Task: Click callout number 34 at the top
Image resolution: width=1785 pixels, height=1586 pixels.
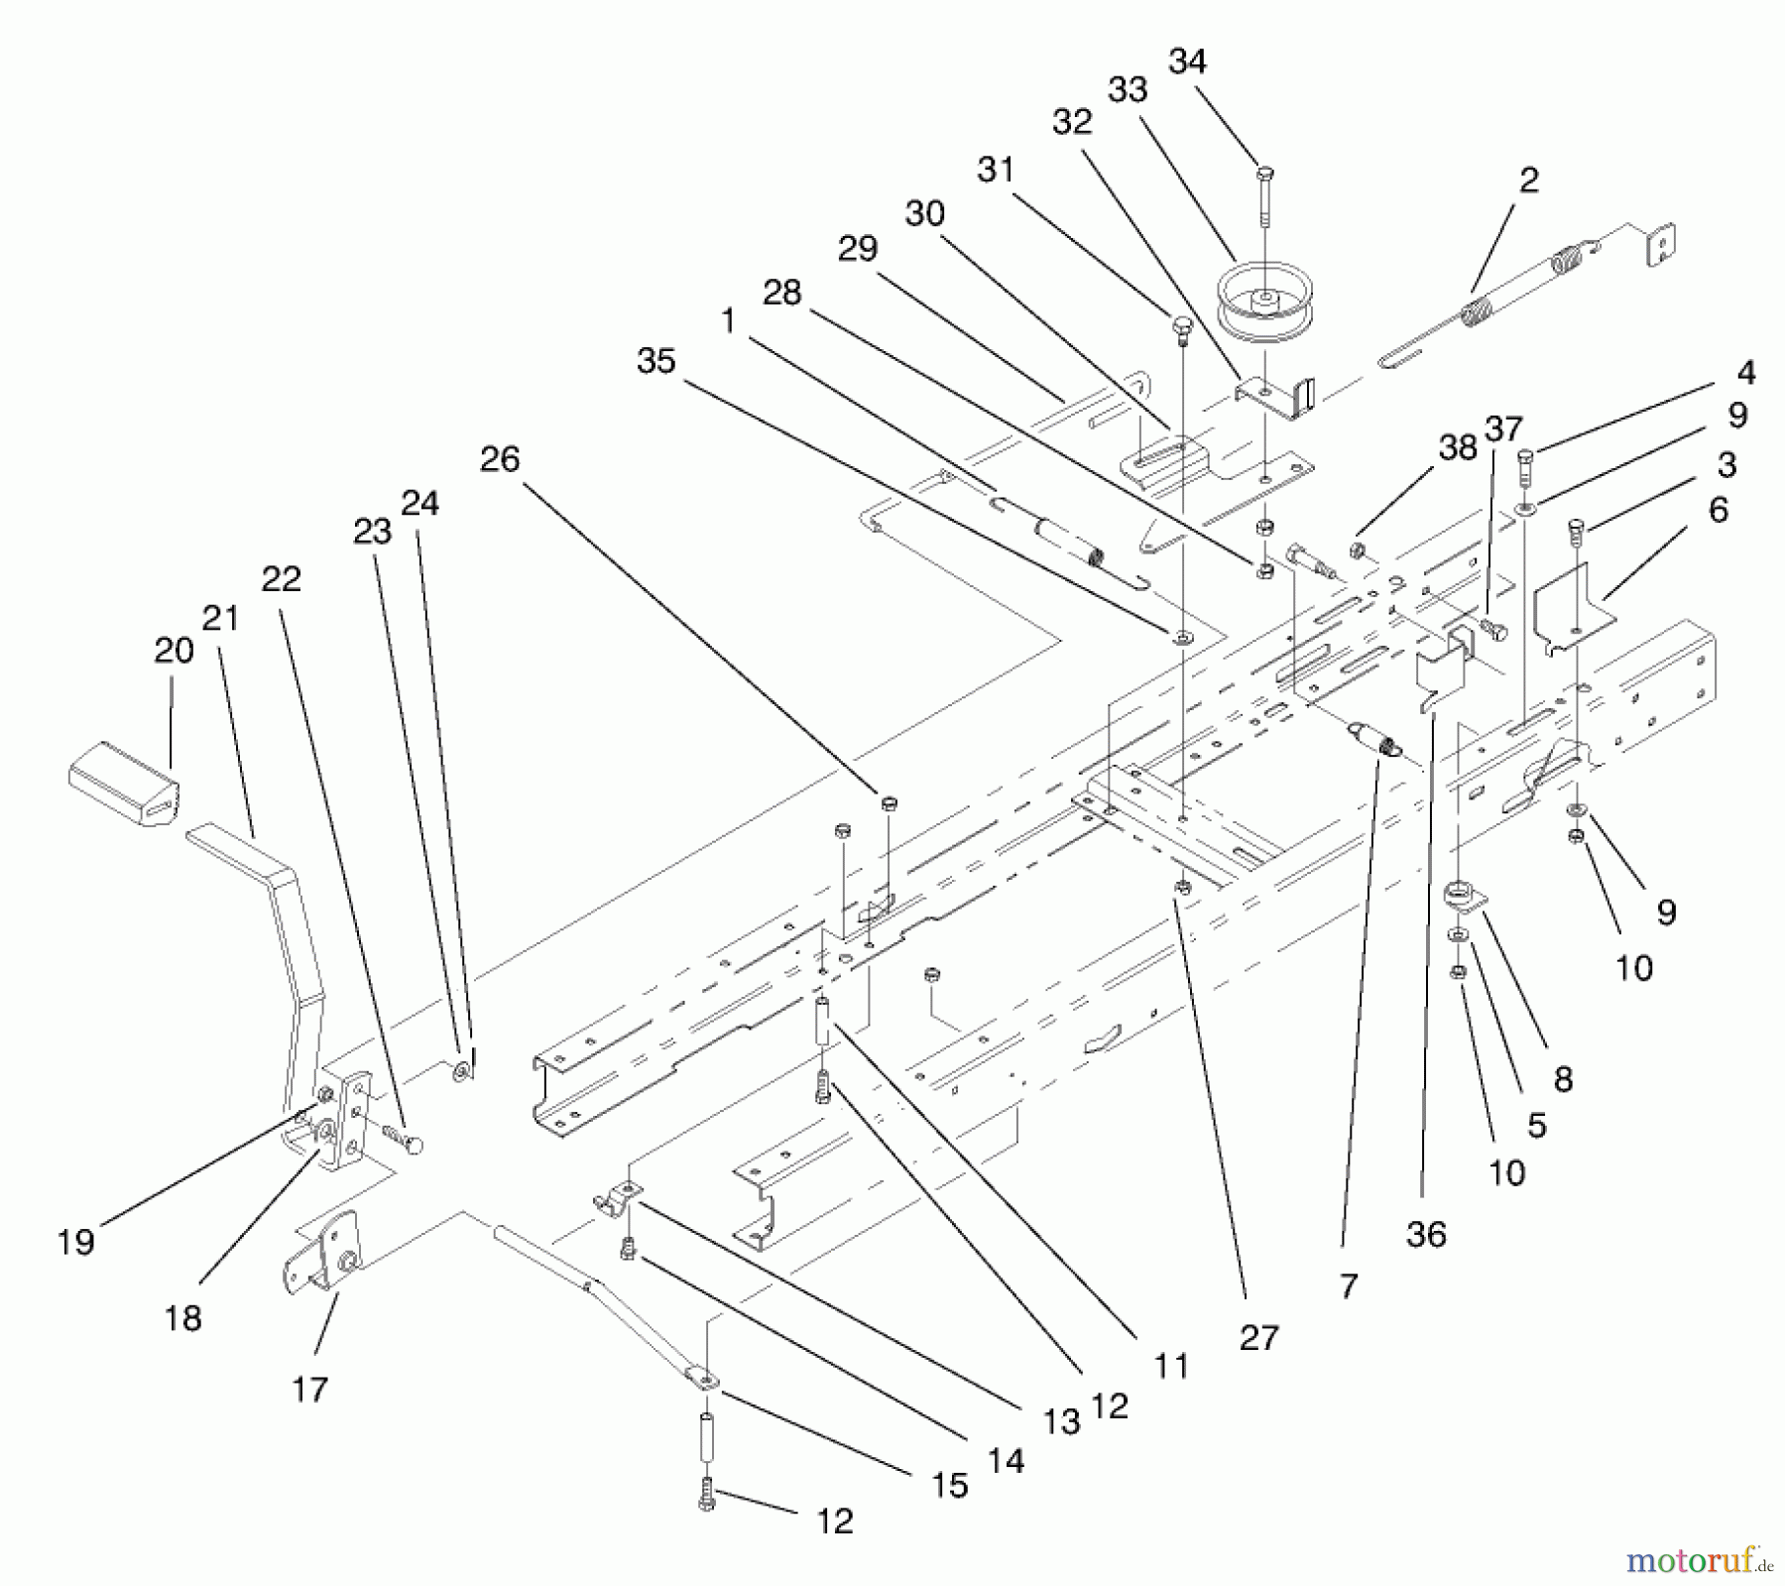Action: click(1187, 61)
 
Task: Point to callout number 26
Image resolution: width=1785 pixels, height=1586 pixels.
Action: click(499, 459)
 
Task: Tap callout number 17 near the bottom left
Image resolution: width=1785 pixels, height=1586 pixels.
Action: click(309, 1390)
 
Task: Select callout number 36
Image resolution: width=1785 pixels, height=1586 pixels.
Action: click(1426, 1234)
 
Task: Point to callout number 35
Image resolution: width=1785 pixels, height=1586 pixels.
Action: click(655, 361)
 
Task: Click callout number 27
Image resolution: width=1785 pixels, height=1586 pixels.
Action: click(1259, 1338)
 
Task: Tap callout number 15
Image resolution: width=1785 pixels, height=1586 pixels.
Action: click(949, 1485)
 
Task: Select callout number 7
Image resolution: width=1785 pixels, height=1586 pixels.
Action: click(1348, 1286)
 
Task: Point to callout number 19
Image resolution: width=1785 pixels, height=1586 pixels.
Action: click(75, 1242)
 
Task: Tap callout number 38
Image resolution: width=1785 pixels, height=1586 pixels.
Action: click(1458, 448)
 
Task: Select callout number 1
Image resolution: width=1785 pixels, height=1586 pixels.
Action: click(729, 320)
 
